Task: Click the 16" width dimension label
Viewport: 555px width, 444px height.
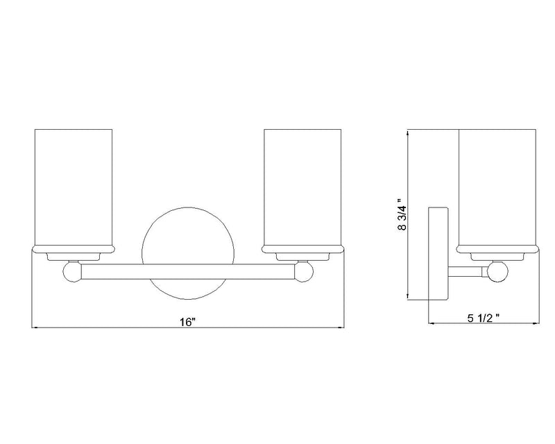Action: (x=187, y=322)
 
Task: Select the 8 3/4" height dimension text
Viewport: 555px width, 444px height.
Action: (x=403, y=214)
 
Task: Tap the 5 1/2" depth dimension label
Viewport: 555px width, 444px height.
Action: (x=484, y=318)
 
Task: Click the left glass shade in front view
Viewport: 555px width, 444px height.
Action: (x=74, y=191)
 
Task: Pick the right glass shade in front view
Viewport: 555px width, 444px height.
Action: (x=302, y=191)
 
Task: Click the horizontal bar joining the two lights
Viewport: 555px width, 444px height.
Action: (x=188, y=271)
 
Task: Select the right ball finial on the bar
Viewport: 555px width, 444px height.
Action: (x=304, y=271)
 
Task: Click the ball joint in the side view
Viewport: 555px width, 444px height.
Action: (x=497, y=271)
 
